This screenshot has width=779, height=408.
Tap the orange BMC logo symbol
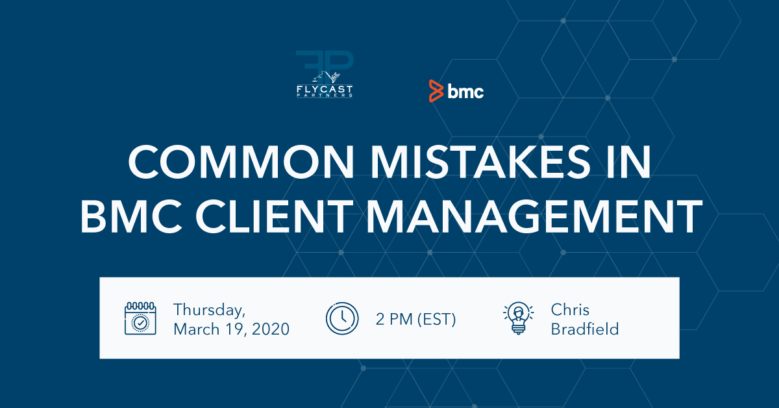(436, 91)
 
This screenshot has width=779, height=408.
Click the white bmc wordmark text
(465, 92)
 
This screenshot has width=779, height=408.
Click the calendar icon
(140, 318)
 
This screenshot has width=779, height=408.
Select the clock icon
(341, 318)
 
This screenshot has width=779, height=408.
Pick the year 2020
(270, 329)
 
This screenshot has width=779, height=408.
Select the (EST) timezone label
(437, 319)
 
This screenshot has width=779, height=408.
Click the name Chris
(570, 309)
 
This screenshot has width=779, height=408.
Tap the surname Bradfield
(584, 329)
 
